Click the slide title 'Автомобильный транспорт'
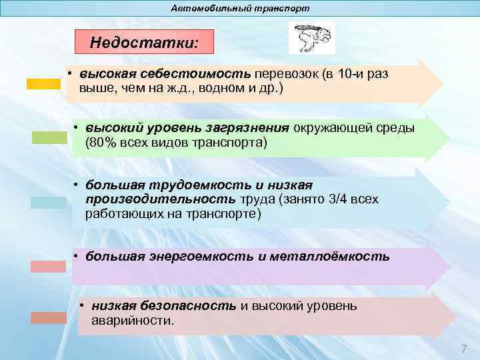coord(240,9)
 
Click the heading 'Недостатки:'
coord(144,43)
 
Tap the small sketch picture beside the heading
coord(311,38)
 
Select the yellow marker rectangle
coord(43,84)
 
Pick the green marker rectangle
coord(49,137)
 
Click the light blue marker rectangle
coord(48,203)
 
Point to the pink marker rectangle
coord(48,266)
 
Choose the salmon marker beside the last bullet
coord(48,318)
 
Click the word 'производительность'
coord(160,199)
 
